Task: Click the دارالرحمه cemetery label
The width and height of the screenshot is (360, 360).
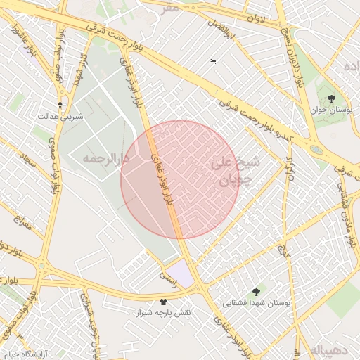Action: (x=106, y=159)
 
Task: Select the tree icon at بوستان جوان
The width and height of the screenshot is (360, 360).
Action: (x=331, y=98)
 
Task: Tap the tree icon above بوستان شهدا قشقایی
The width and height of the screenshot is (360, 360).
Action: (x=255, y=290)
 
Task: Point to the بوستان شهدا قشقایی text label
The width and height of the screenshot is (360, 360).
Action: (x=256, y=302)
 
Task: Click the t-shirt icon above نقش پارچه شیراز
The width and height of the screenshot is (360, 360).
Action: (x=164, y=301)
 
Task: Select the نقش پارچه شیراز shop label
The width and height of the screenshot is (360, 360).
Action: (x=163, y=312)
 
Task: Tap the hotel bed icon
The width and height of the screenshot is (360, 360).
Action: (x=213, y=62)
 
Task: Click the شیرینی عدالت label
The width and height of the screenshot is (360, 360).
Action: (x=60, y=116)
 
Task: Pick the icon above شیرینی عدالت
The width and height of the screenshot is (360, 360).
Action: (x=60, y=105)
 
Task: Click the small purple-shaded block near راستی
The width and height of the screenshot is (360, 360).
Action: (x=181, y=272)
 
